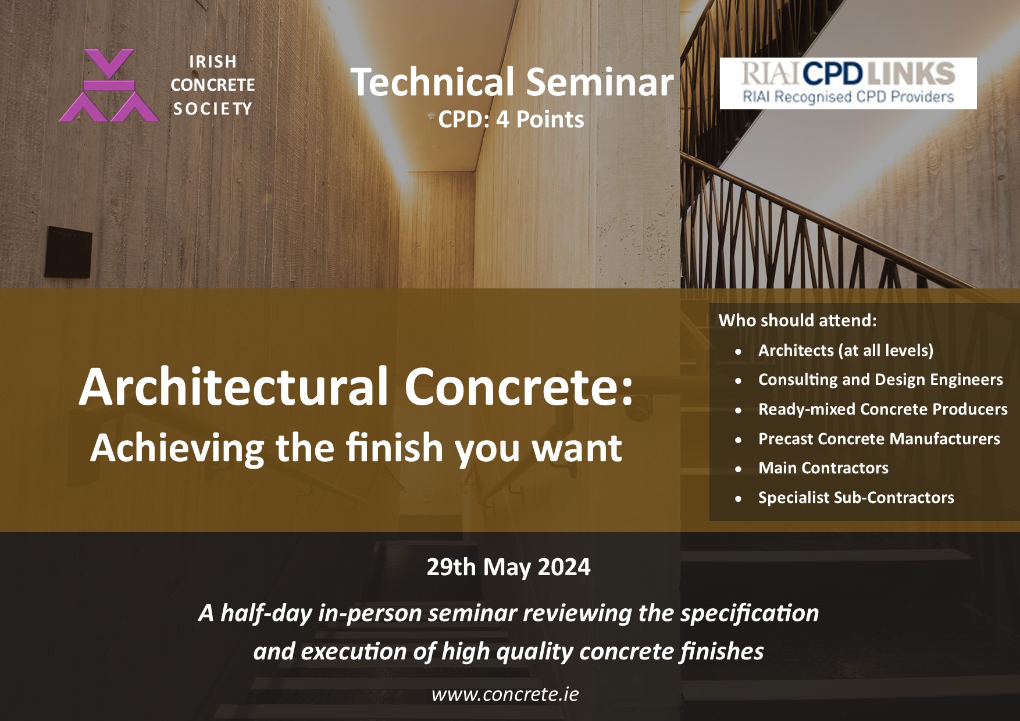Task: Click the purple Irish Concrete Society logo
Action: [109, 85]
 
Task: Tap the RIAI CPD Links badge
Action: [848, 83]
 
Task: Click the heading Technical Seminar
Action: [512, 82]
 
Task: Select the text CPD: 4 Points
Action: [511, 119]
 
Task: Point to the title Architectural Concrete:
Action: [356, 387]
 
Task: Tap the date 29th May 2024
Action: [508, 566]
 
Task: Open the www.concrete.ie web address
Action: [505, 694]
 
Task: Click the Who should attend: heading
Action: [797, 320]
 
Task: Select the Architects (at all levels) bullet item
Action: [846, 351]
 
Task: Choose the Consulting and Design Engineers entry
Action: [880, 380]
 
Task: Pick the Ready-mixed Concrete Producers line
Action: [883, 409]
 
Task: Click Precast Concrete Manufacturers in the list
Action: [879, 438]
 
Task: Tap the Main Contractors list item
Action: [823, 468]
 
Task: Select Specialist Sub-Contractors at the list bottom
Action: [856, 498]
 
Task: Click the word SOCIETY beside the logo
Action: [212, 109]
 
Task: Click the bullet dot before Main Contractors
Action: [739, 469]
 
